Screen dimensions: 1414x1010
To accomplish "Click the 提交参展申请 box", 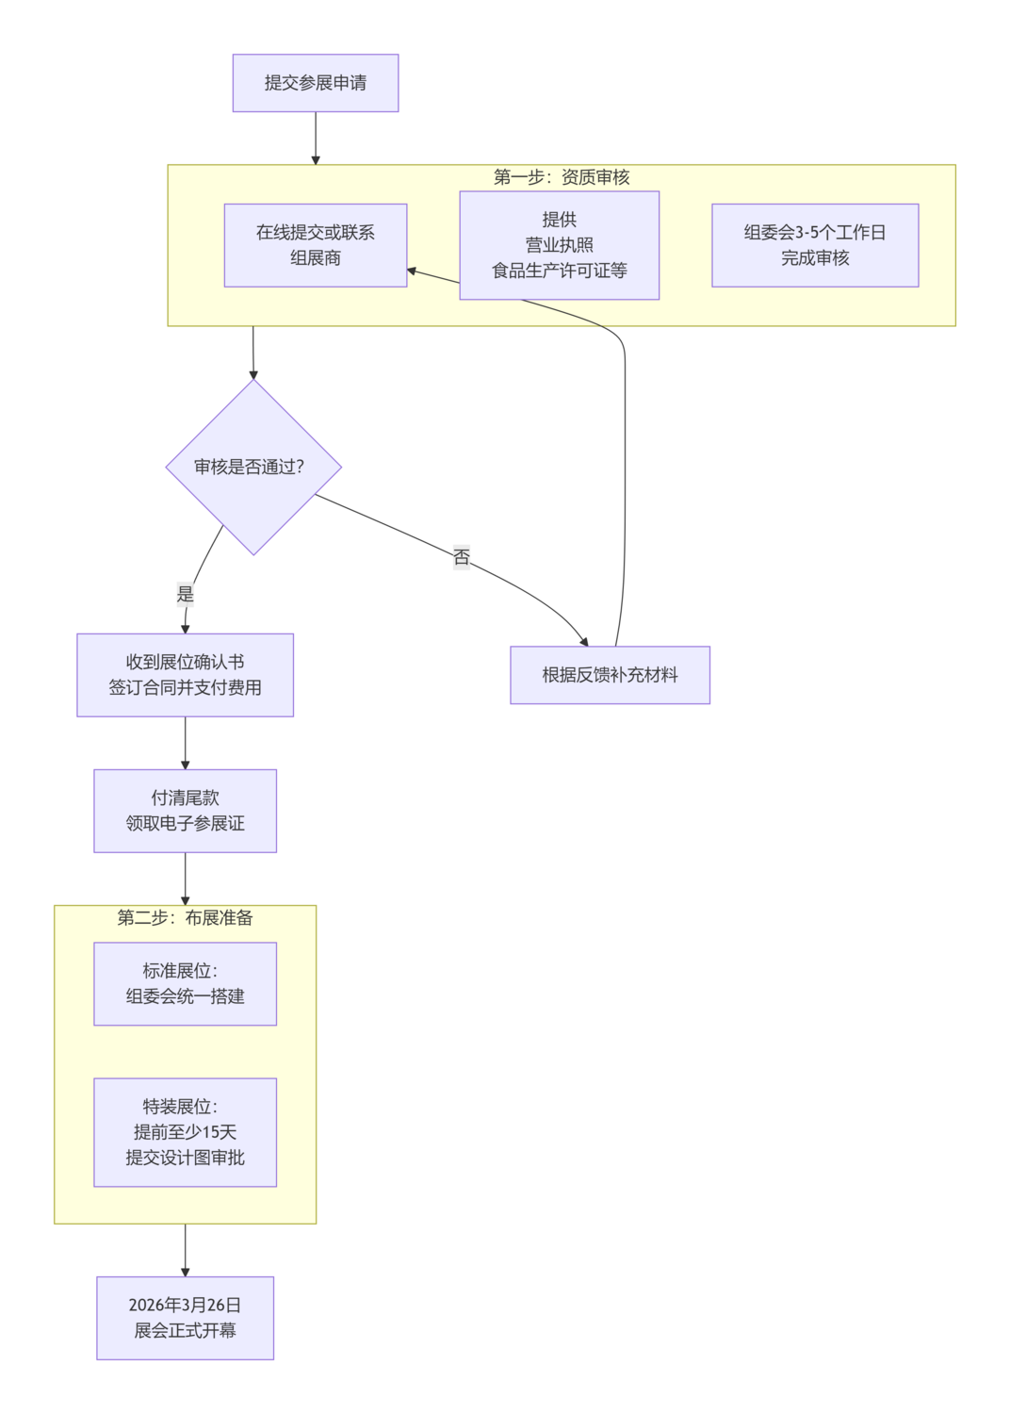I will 316,83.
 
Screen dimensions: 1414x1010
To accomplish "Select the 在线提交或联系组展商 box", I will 316,245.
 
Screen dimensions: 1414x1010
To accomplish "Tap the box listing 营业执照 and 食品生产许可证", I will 559,245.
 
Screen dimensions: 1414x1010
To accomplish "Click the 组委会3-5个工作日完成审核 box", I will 815,245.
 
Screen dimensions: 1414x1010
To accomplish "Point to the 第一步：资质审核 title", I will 562,177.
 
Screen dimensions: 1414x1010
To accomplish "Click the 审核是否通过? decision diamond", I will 253,467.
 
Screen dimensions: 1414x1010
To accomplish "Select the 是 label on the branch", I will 186,594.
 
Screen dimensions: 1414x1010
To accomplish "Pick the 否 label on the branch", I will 461,557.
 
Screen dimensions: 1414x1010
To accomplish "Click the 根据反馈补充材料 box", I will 610,675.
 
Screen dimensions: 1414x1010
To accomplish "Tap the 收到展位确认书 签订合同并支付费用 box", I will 186,675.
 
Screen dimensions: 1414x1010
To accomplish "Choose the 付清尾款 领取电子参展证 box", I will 186,811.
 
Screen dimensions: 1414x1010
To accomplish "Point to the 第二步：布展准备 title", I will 186,918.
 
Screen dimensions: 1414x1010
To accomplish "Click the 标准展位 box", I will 186,983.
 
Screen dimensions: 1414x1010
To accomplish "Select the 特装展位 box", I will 186,1132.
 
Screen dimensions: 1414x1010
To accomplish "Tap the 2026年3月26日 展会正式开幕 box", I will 186,1318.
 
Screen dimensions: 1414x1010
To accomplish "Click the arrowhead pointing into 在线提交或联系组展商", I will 412,271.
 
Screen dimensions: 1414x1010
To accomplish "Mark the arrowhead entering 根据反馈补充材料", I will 584,641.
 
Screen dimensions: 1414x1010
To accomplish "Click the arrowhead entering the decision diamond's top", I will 253,374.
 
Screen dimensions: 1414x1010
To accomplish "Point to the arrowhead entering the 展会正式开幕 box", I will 186,1272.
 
